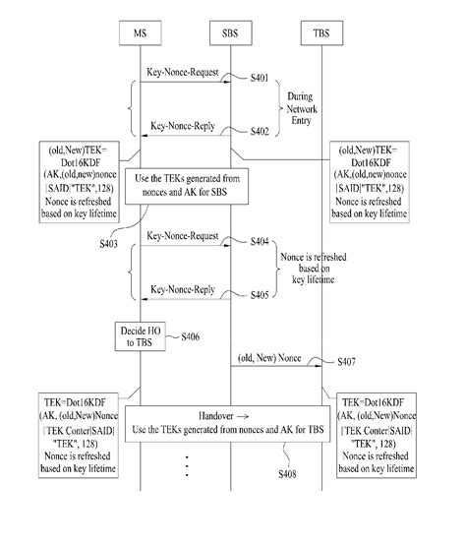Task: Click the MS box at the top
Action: [x=140, y=33]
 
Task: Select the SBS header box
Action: [x=231, y=33]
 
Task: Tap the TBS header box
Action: [x=321, y=33]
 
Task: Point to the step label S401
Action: [x=260, y=78]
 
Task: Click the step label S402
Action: [x=260, y=131]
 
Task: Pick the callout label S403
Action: [x=108, y=244]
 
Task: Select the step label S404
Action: [x=260, y=241]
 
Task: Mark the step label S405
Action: [x=260, y=295]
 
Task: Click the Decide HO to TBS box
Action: [x=140, y=336]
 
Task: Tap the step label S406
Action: [x=191, y=336]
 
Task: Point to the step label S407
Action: [x=346, y=362]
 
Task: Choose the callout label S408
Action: [x=287, y=474]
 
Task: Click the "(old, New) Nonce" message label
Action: [x=269, y=358]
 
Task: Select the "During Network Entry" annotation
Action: [x=301, y=108]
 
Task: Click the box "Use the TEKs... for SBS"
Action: [x=187, y=186]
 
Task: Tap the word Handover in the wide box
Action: [x=215, y=416]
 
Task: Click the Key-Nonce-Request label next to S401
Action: [x=183, y=72]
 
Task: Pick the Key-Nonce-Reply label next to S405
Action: [x=183, y=289]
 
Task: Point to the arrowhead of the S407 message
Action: [x=319, y=366]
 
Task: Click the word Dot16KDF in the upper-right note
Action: [x=371, y=162]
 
